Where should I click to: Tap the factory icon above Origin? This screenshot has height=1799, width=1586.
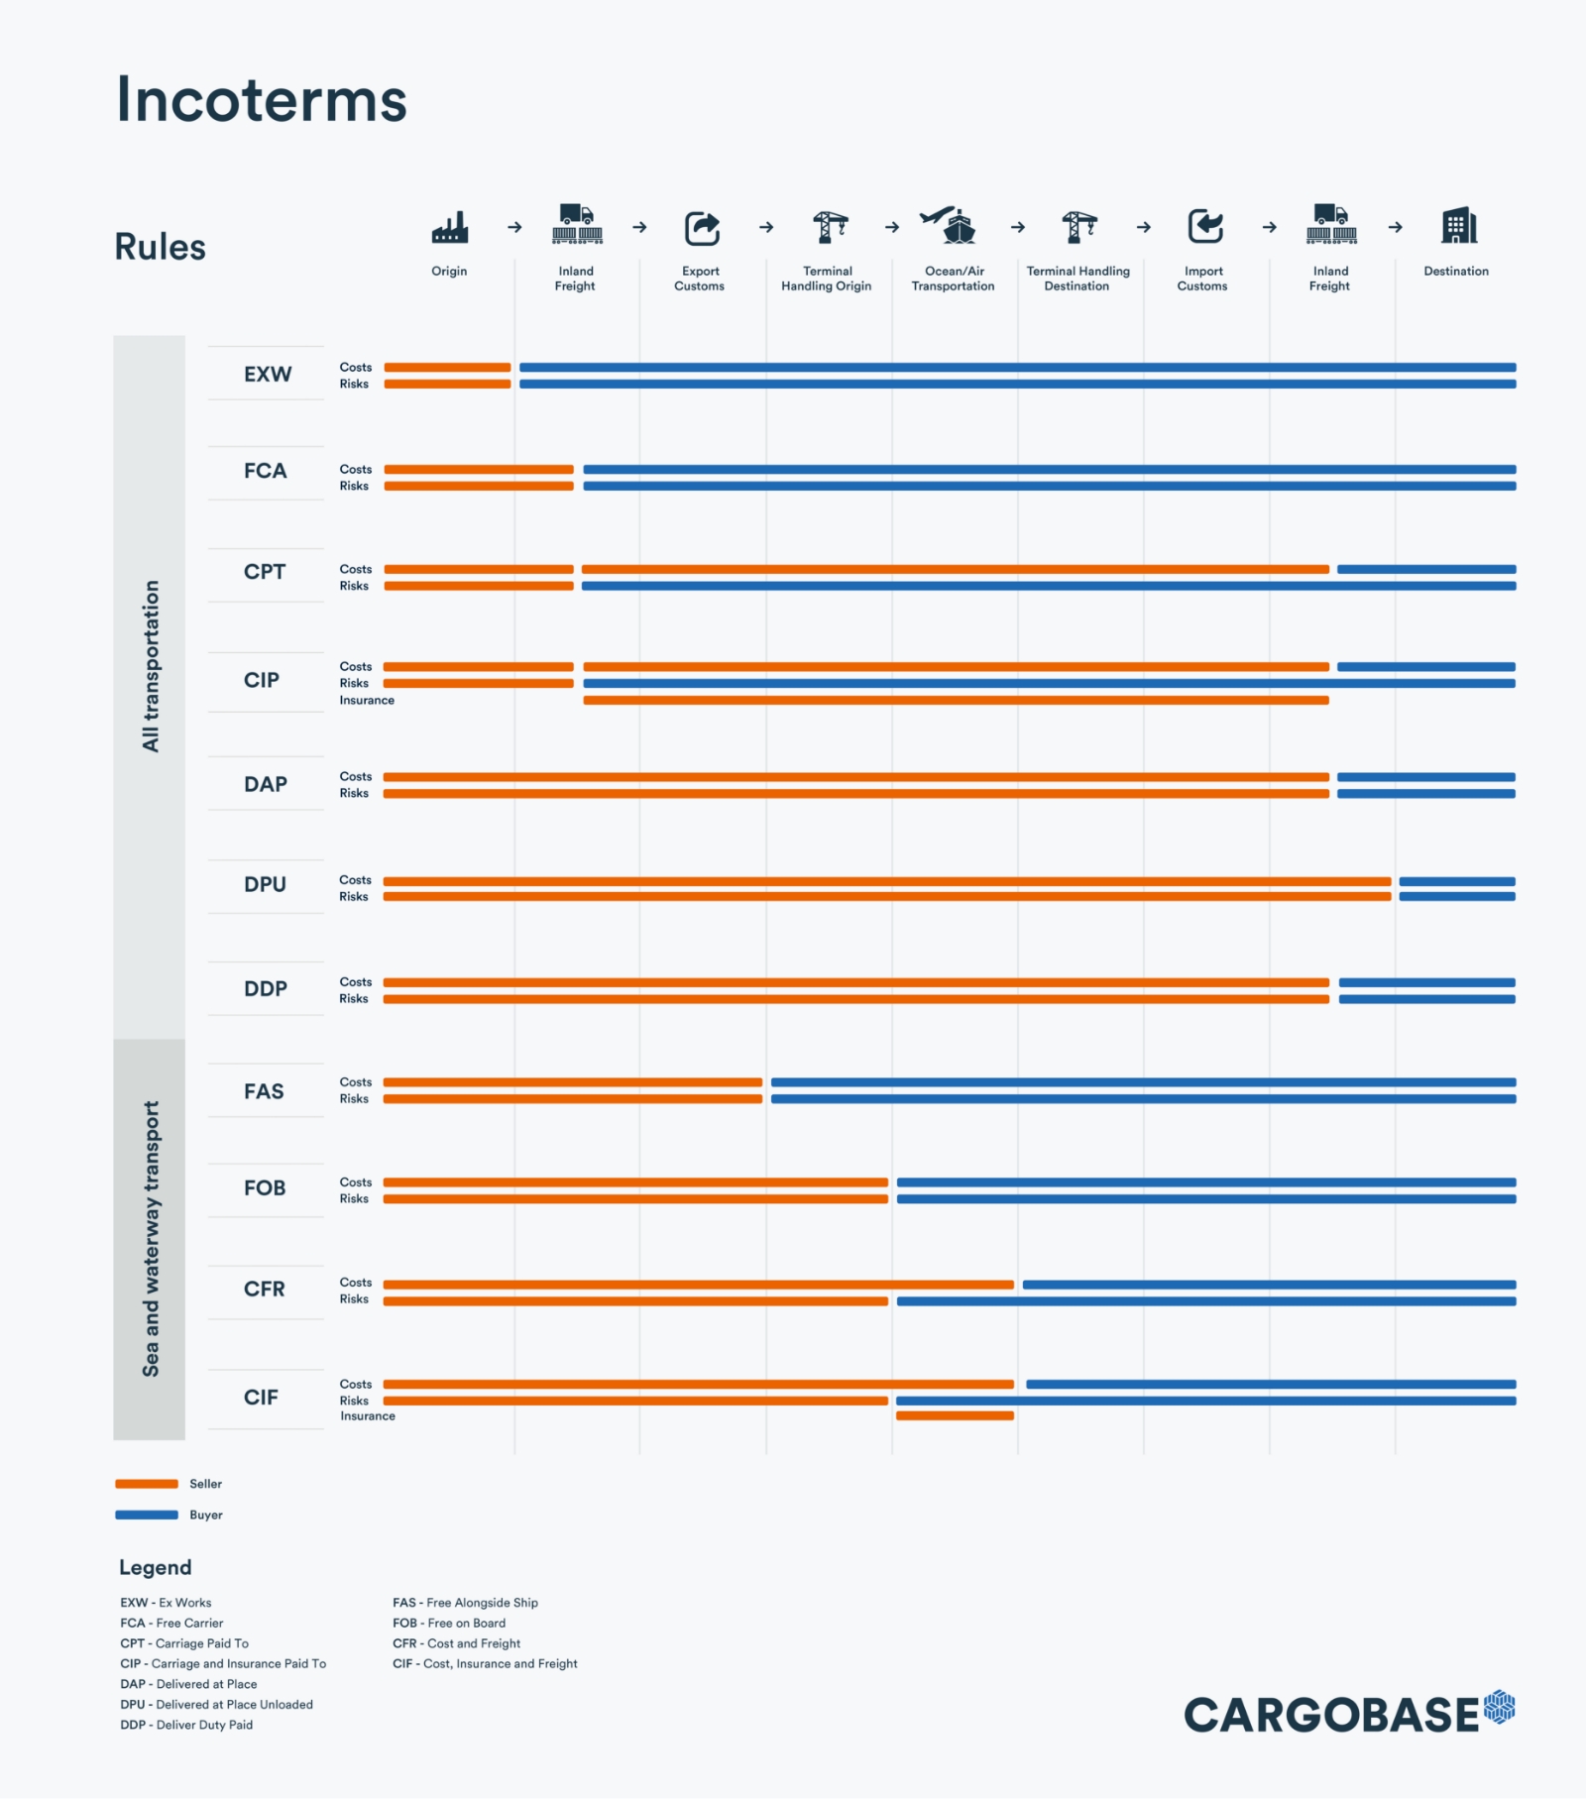coord(449,227)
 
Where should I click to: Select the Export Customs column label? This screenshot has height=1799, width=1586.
coord(700,279)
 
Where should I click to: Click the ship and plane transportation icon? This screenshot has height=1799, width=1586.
coord(950,225)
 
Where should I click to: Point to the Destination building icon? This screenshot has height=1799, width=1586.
coord(1458,226)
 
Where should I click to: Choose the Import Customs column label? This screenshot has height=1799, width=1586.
coord(1202,279)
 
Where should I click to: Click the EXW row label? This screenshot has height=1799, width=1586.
coord(268,374)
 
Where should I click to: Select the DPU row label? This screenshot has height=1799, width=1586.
coord(265,884)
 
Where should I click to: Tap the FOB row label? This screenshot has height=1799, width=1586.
coord(265,1187)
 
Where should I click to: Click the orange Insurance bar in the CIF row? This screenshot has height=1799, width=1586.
coord(955,1415)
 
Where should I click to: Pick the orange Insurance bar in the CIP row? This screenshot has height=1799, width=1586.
coord(956,701)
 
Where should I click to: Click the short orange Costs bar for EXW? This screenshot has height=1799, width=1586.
coord(447,368)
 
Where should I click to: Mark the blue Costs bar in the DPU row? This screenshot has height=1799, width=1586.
coord(1456,881)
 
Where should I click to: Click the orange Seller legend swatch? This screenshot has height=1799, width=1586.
coord(147,1484)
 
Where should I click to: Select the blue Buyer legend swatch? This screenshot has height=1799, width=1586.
coord(147,1515)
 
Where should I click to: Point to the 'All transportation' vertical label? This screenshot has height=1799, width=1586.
coord(151,666)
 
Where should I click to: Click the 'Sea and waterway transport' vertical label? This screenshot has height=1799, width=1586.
coord(151,1239)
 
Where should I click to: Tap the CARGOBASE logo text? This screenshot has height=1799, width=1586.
coord(1331,1716)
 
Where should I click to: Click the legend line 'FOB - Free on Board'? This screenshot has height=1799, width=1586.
coord(449,1623)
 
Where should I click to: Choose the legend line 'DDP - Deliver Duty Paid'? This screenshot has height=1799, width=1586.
coord(186,1725)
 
